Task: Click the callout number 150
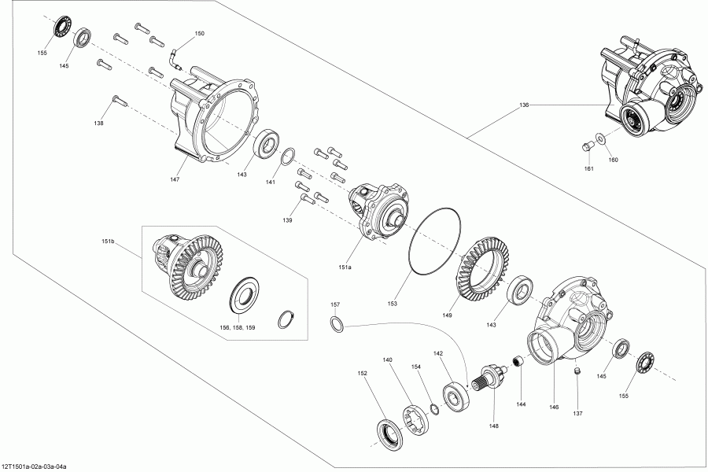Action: click(x=199, y=34)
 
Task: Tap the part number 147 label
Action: click(x=175, y=179)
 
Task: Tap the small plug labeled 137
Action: click(x=577, y=371)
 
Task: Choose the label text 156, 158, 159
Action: click(x=238, y=326)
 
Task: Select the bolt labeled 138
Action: click(x=118, y=100)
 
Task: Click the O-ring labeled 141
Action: click(x=289, y=154)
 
